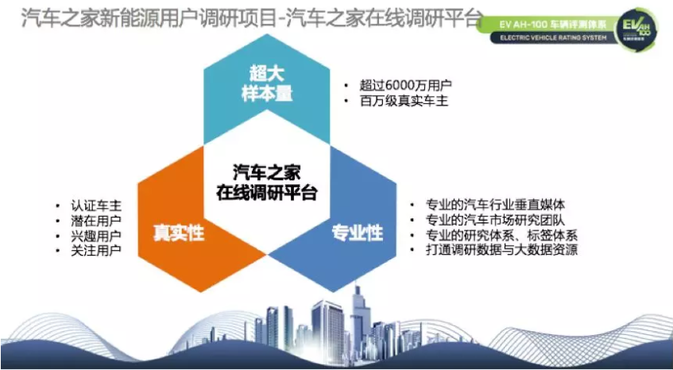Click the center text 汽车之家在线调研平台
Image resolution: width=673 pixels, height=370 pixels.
tap(267, 182)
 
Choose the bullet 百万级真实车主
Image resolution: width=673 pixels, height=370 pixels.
tap(400, 102)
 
